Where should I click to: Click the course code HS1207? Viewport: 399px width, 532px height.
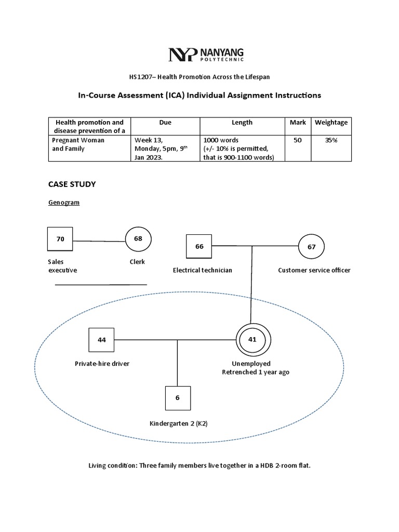click(142, 77)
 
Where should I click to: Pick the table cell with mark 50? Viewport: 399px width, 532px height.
click(298, 140)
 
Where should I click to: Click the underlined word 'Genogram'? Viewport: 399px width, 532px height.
click(64, 203)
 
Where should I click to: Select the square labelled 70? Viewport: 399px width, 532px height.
click(60, 240)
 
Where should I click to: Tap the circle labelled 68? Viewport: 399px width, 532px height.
click(138, 239)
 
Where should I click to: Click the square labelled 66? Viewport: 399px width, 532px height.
click(199, 247)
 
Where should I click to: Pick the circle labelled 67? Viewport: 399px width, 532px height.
click(311, 247)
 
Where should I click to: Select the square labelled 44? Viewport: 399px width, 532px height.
click(102, 340)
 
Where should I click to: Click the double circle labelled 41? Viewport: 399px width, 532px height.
click(252, 340)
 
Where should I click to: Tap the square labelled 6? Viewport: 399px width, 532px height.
click(178, 398)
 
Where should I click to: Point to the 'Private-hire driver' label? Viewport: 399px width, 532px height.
click(102, 364)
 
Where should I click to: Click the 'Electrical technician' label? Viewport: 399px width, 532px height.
click(203, 270)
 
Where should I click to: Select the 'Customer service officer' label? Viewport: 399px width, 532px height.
click(314, 270)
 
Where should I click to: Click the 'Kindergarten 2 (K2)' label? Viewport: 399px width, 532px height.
click(178, 424)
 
